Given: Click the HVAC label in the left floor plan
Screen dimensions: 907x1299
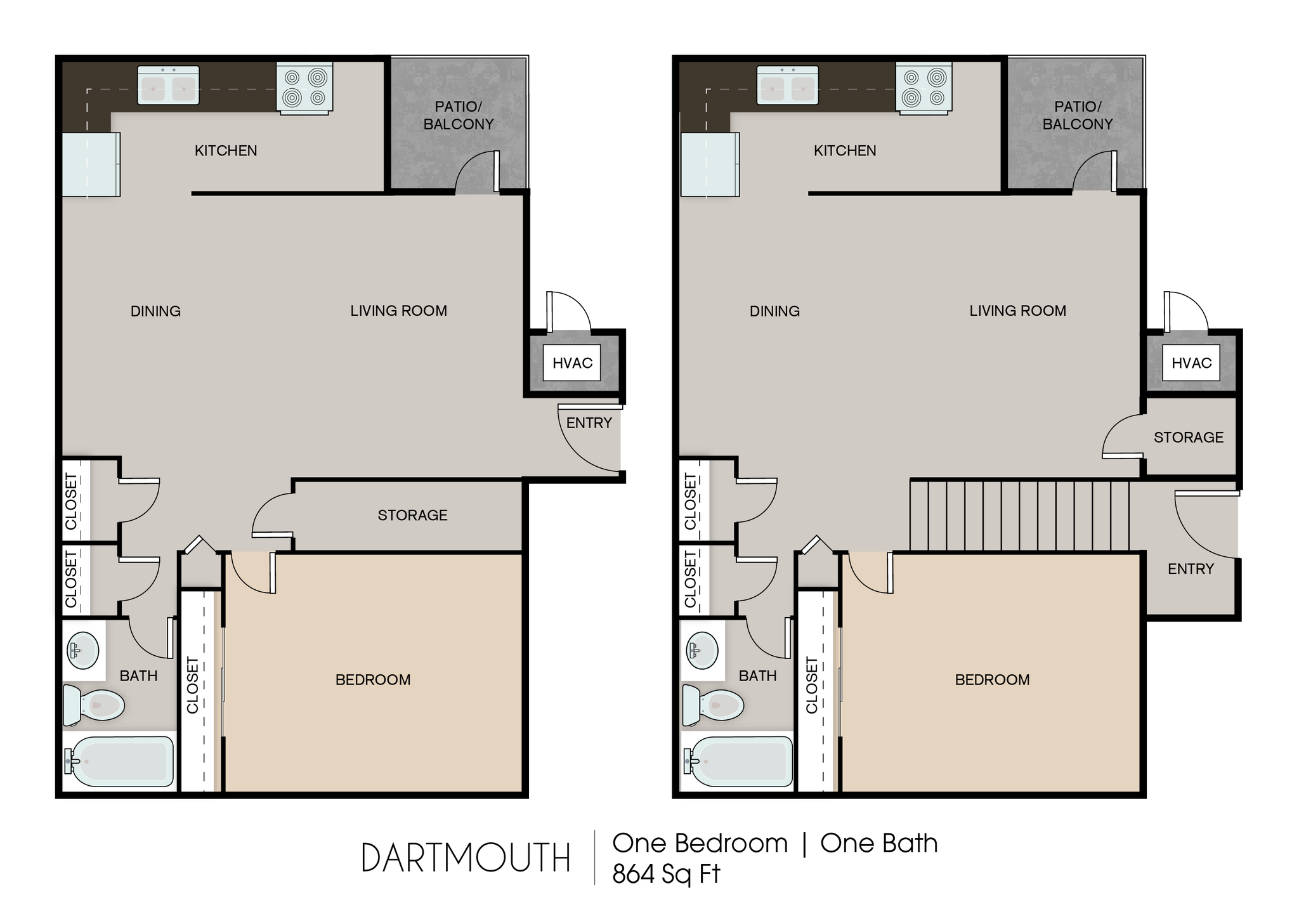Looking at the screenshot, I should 572,363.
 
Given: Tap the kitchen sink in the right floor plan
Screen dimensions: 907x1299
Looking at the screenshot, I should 787,86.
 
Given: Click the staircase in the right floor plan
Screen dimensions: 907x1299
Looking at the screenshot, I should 1019,516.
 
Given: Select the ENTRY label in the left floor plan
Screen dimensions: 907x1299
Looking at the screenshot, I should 589,423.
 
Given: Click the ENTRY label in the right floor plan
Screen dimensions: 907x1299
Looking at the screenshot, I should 1190,569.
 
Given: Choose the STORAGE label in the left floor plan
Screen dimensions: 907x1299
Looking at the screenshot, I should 412,515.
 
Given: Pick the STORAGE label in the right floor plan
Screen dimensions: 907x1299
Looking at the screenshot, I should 1188,437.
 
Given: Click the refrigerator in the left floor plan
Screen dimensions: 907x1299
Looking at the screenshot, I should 91,164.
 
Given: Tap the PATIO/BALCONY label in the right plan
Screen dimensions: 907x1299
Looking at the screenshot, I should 1077,115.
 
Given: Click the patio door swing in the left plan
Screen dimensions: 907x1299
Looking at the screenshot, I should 476,171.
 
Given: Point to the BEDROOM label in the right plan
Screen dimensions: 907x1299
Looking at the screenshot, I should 992,680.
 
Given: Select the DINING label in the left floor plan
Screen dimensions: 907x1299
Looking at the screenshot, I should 155,311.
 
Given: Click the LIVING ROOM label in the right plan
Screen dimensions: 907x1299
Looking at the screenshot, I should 1017,311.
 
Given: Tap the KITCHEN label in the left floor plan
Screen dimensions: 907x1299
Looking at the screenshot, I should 225,151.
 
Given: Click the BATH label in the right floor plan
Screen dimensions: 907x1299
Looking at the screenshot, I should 757,676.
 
